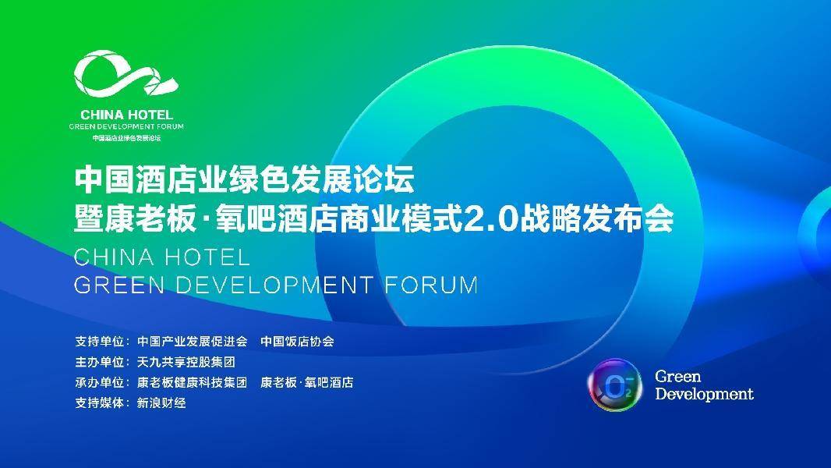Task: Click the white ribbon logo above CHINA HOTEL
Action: click(x=125, y=73)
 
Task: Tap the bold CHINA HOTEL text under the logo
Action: click(x=126, y=115)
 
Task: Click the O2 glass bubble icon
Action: click(x=614, y=385)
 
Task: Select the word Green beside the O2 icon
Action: click(x=678, y=376)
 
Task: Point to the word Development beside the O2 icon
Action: click(x=704, y=395)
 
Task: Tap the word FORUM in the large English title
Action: click(x=431, y=285)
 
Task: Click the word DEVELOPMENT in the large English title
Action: click(x=274, y=285)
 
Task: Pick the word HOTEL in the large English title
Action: click(x=206, y=257)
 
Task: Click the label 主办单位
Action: click(x=100, y=362)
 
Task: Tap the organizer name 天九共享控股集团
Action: click(x=186, y=362)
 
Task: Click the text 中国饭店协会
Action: click(x=297, y=342)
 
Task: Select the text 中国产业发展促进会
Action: click(x=193, y=342)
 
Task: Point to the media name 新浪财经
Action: click(x=161, y=402)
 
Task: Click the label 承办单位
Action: click(x=100, y=382)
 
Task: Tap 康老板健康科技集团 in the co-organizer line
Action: click(x=193, y=382)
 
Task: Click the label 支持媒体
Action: click(x=100, y=402)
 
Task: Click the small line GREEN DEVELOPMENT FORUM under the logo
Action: click(x=126, y=126)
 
